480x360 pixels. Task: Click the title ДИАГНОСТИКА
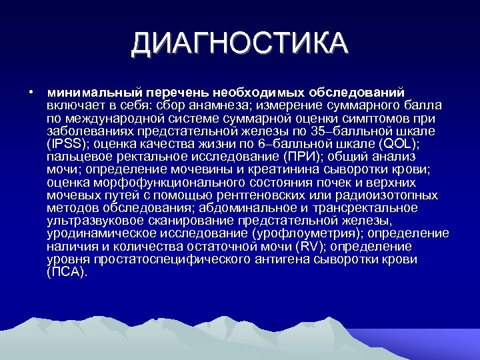click(239, 45)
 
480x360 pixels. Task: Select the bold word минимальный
click(84, 91)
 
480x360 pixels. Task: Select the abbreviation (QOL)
click(399, 143)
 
